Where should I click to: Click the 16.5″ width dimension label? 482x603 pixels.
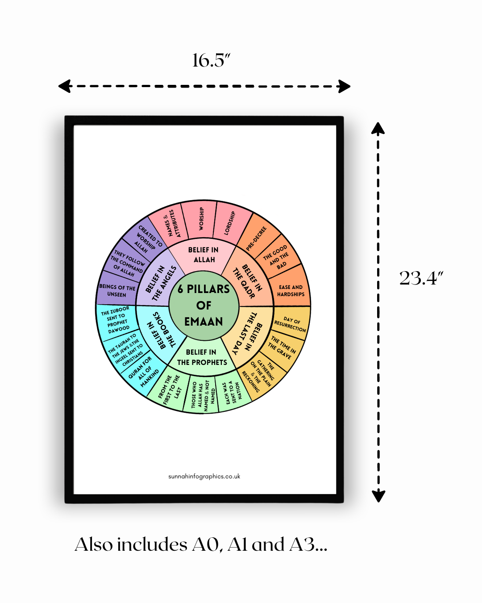211,60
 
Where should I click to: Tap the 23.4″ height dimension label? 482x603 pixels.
421,278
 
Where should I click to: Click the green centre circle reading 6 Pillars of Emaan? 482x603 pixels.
204,306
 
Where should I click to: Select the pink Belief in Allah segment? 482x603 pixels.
204,255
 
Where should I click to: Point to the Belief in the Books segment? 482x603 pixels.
158,331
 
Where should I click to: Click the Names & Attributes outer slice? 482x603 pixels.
170,224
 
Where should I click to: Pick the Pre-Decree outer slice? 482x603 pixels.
257,237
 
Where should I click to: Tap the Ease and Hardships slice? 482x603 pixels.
291,291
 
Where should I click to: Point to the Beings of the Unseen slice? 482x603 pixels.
116,291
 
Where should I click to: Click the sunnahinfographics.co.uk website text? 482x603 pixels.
204,477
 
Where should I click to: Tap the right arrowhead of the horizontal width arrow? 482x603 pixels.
345,86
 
